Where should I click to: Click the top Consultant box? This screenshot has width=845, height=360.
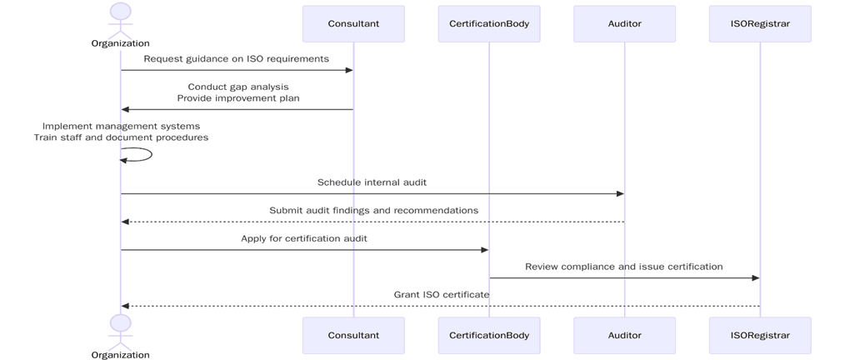click(x=353, y=23)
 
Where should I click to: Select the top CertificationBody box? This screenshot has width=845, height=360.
click(x=488, y=23)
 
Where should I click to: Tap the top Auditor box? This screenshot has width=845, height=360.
click(x=624, y=23)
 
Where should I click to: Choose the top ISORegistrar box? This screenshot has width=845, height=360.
click(x=760, y=23)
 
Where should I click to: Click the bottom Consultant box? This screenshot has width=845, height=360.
click(x=353, y=335)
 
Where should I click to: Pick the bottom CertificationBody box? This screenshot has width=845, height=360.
click(x=488, y=335)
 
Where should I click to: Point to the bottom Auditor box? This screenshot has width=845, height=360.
click(x=624, y=335)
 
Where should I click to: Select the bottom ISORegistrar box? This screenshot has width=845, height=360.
click(x=760, y=335)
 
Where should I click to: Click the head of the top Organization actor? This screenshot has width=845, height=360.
click(x=121, y=12)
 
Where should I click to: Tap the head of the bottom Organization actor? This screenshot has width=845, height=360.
click(x=121, y=322)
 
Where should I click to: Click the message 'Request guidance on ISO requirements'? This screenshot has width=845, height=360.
click(x=236, y=59)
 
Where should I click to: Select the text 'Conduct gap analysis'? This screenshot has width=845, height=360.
click(x=238, y=87)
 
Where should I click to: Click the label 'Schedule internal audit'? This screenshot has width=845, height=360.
click(x=372, y=182)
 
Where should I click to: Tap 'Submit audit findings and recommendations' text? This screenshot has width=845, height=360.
click(x=373, y=211)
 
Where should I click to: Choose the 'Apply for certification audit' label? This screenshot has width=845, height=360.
click(x=304, y=238)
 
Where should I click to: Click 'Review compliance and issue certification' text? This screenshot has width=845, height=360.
click(x=623, y=267)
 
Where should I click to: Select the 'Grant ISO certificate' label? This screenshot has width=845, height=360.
click(x=441, y=295)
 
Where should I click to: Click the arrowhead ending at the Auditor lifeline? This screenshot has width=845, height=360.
click(x=619, y=194)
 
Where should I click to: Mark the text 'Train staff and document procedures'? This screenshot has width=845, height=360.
click(x=121, y=137)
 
